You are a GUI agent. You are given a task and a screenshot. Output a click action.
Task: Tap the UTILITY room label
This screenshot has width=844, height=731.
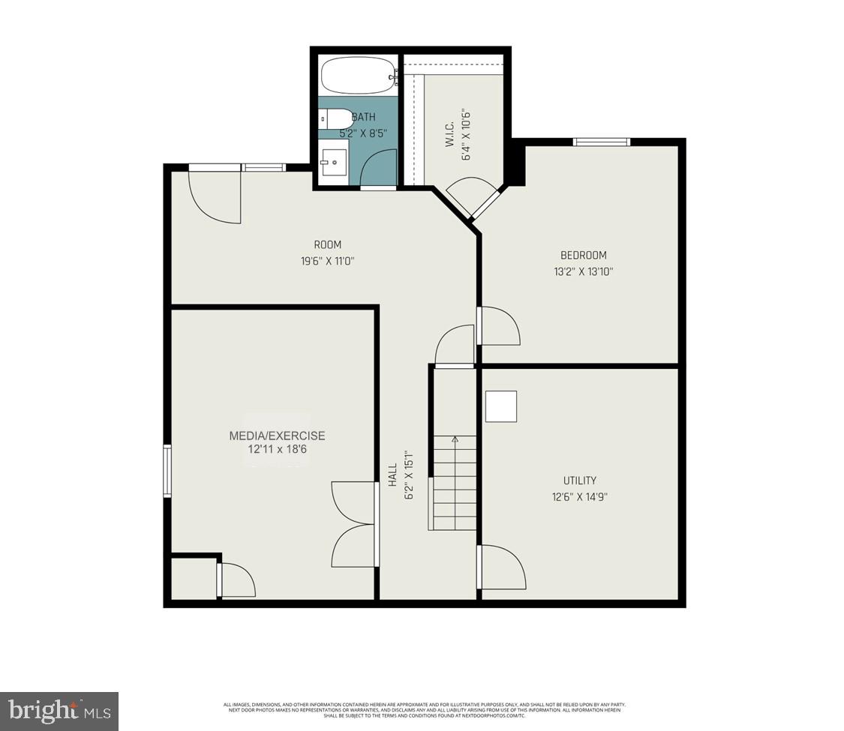coord(580,481)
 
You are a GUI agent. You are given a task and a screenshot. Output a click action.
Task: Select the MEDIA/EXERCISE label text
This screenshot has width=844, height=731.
coord(277,436)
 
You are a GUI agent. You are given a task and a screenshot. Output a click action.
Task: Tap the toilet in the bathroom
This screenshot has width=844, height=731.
coord(337,118)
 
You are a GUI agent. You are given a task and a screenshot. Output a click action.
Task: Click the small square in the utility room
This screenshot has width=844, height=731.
coord(501,406)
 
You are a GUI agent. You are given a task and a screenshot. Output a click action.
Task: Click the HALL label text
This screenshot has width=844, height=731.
coord(392,475)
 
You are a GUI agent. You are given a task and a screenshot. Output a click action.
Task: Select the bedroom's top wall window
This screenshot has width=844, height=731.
coord(602,142)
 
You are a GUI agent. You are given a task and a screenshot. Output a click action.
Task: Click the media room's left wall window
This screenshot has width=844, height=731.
coord(168,471)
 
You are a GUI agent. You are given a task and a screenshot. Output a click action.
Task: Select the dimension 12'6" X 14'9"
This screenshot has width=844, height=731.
coord(580,497)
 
